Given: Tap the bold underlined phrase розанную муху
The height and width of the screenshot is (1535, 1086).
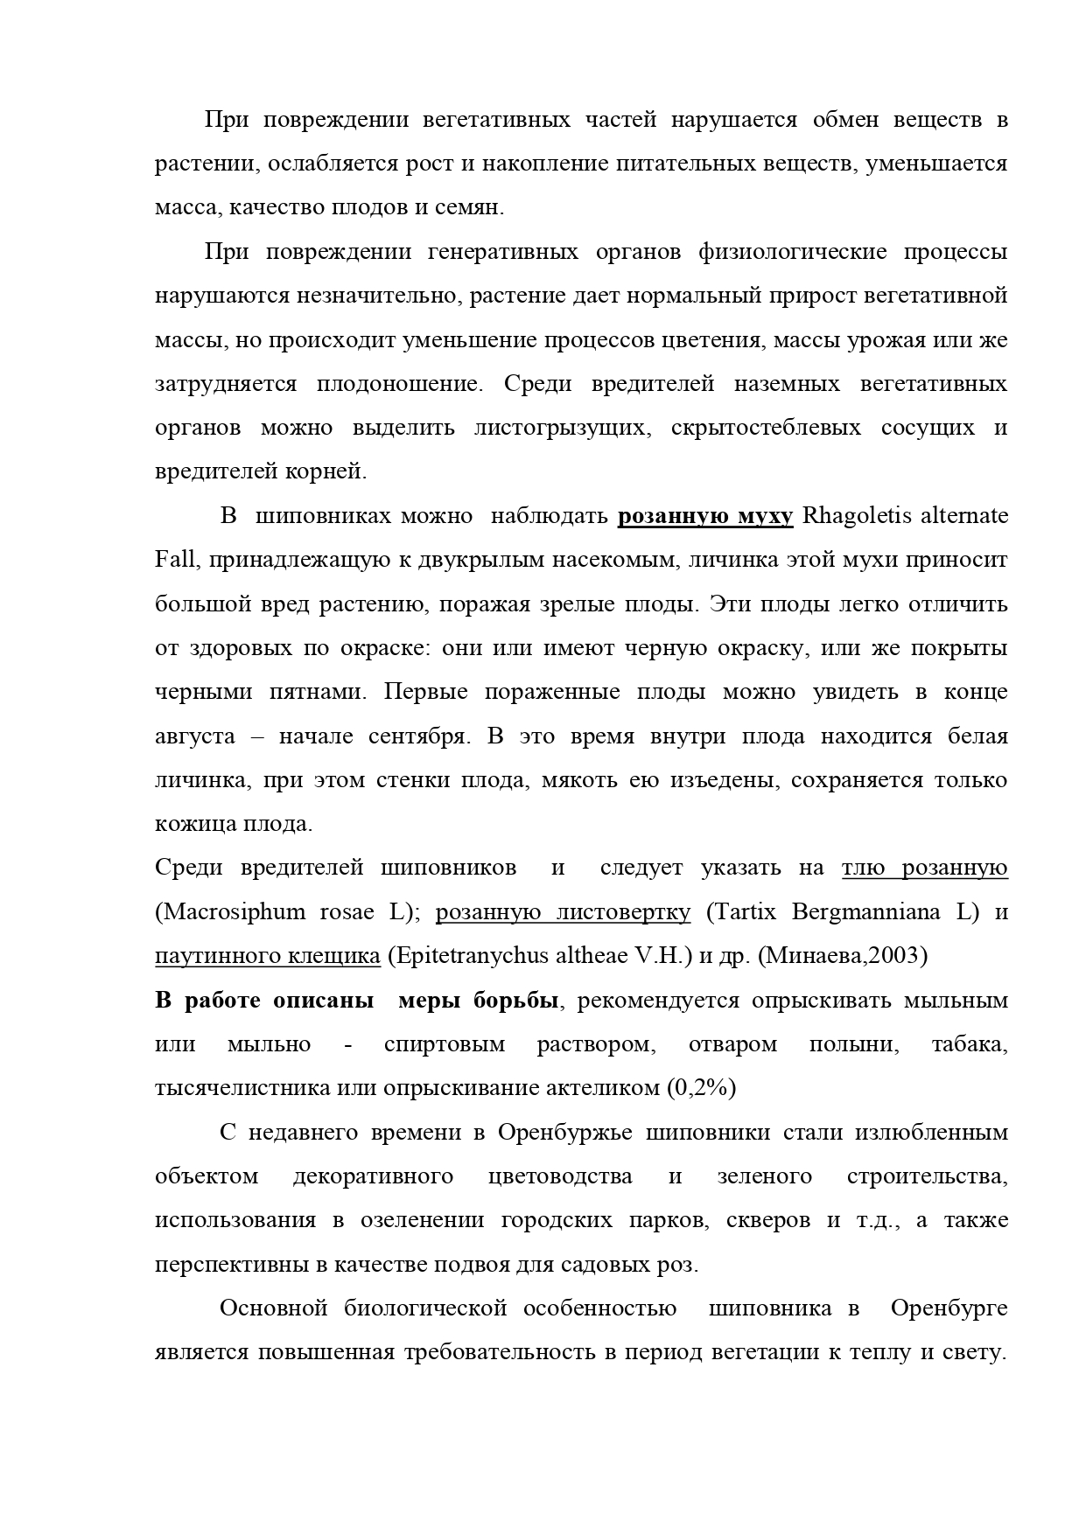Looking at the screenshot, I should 705,516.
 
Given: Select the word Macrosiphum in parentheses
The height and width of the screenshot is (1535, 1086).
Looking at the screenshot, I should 230,912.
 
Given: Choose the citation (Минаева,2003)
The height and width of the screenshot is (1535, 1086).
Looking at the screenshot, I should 843,956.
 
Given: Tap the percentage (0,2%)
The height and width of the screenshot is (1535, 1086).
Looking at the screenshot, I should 701,1088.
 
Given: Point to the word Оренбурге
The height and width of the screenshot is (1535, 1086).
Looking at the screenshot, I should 949,1308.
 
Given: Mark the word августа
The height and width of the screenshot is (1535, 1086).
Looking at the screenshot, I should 195,736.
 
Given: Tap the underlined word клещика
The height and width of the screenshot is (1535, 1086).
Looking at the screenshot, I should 337,956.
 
